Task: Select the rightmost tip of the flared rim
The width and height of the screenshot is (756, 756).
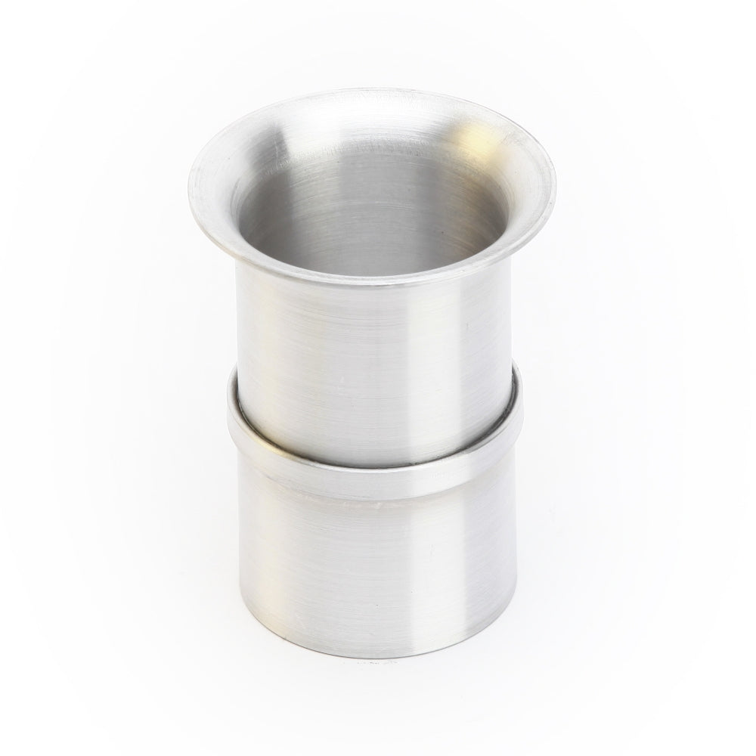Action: click(556, 181)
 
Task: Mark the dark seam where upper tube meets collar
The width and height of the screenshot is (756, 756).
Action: click(378, 454)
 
